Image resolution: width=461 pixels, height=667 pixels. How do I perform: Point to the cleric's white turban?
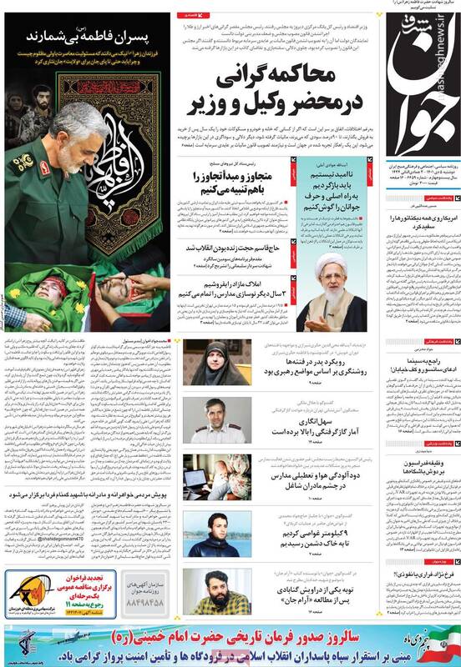tap(332, 260)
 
